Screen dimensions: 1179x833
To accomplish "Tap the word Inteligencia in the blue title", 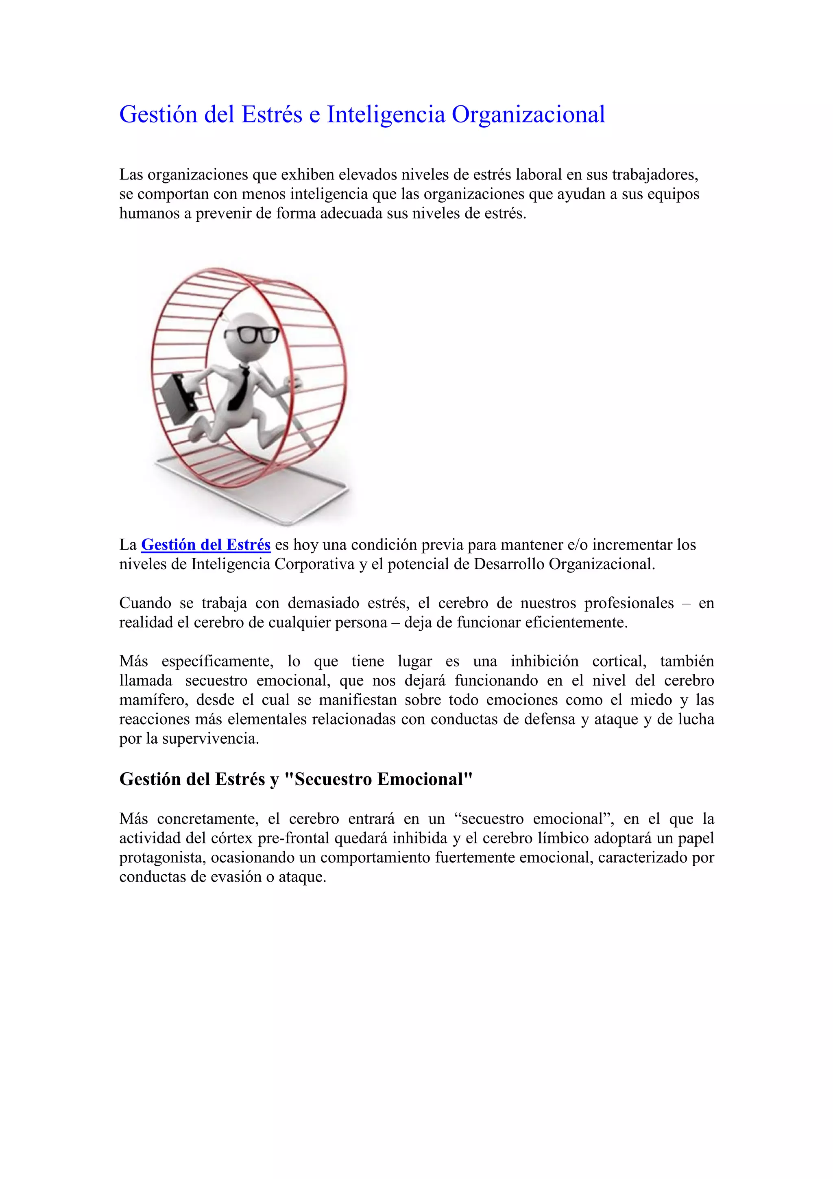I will (386, 114).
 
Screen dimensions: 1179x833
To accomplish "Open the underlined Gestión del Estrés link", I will (206, 545).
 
